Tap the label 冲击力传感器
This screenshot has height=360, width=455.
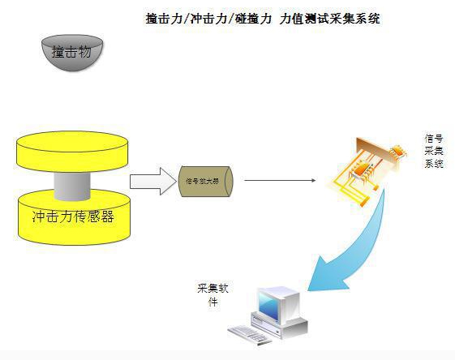72,216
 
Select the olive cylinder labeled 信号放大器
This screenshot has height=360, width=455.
206,180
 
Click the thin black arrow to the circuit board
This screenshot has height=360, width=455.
280,181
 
